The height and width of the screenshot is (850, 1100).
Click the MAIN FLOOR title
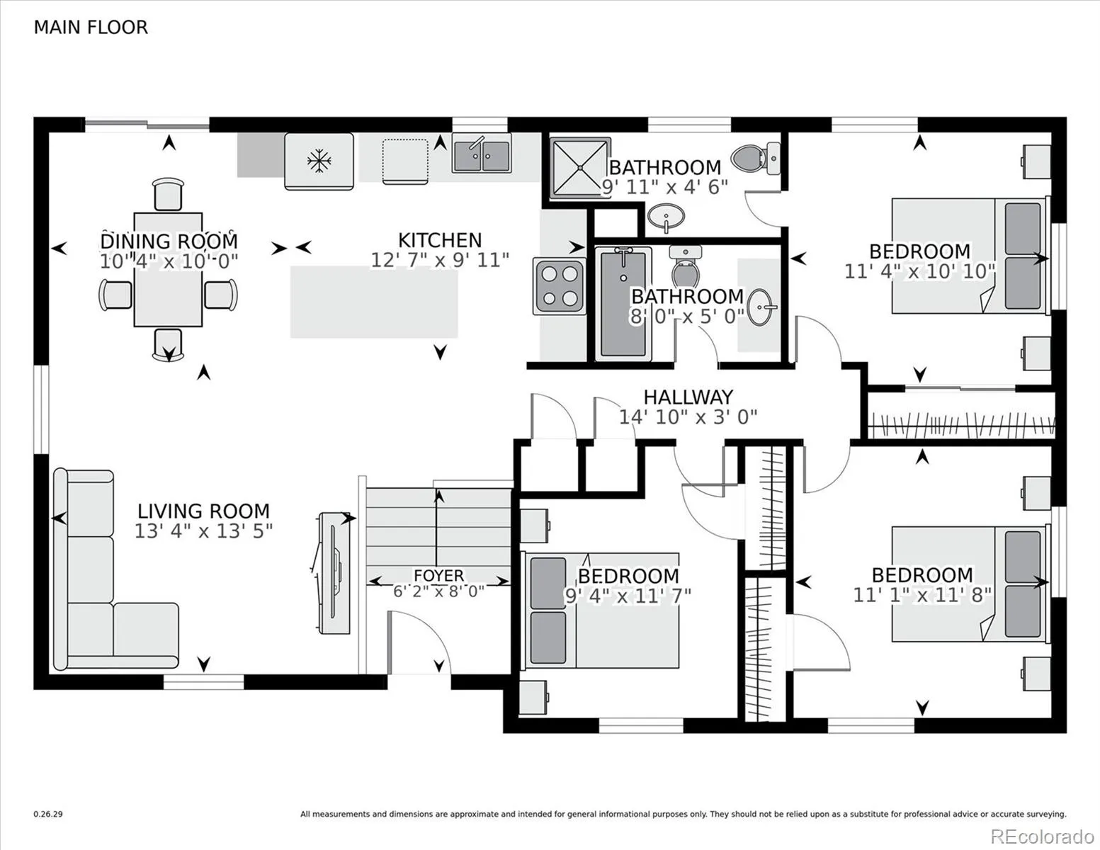pyautogui.click(x=91, y=28)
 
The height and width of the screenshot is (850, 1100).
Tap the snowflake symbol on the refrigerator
pyautogui.click(x=319, y=161)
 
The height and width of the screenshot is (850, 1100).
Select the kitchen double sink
pyautogui.click(x=482, y=154)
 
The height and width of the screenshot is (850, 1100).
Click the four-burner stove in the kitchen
pyautogui.click(x=560, y=287)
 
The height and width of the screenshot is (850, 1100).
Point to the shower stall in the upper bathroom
pyautogui.click(x=580, y=167)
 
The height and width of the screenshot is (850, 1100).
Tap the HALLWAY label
pyautogui.click(x=688, y=397)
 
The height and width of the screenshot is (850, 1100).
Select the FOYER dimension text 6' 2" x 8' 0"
pyautogui.click(x=439, y=591)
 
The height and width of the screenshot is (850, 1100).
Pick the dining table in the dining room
pyautogui.click(x=168, y=269)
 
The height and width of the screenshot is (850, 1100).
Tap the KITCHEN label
pyautogui.click(x=440, y=240)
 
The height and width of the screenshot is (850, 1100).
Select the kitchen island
pyautogui.click(x=374, y=302)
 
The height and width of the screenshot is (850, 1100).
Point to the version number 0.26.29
pyautogui.click(x=48, y=815)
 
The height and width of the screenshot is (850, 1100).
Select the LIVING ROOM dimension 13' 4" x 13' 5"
pyautogui.click(x=203, y=531)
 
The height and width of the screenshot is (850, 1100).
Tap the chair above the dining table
pyautogui.click(x=168, y=193)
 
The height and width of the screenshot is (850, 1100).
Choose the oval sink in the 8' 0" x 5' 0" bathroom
pyautogui.click(x=761, y=307)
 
